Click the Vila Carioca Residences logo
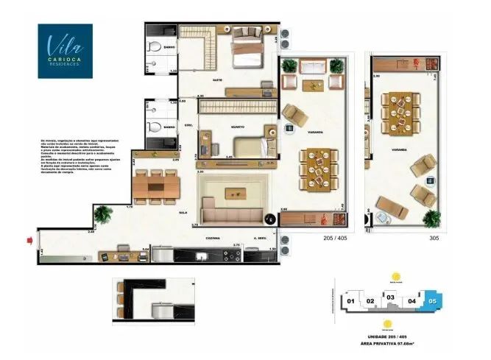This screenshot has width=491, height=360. pos(66,51)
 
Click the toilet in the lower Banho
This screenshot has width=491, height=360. pos(155,127)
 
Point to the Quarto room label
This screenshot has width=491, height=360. pos(238,127)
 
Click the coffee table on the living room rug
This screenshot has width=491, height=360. pos(236,194)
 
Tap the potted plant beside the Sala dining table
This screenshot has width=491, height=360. pos(102,214)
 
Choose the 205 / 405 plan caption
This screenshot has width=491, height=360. pos(336,239)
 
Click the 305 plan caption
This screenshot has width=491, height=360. pos(434,239)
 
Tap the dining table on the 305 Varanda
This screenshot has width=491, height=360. pos(402,108)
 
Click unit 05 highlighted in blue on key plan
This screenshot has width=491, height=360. pos(432,300)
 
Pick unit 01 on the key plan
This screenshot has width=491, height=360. pos(352,301)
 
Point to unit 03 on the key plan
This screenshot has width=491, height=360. pos(392,298)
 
